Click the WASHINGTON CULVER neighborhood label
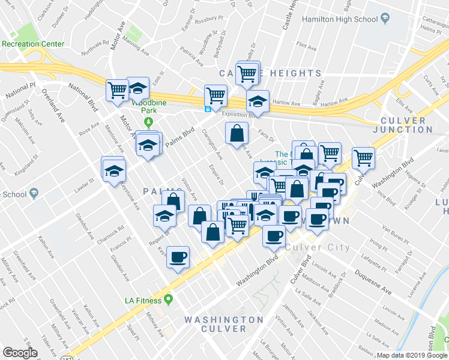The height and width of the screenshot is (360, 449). pos(224,324)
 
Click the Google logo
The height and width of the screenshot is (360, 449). pos(20,353)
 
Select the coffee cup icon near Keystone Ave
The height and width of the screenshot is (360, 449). pos(178,257)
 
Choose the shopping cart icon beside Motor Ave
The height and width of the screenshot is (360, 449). pos(118,90)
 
